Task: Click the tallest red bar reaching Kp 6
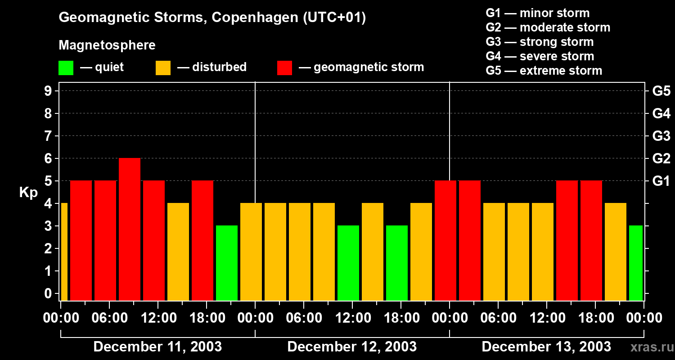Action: [x=130, y=229]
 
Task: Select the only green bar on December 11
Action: [x=227, y=263]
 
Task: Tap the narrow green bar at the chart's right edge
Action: [x=635, y=263]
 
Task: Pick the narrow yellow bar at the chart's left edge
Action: [x=64, y=252]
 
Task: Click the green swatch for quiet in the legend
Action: [x=66, y=68]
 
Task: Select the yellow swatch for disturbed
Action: [x=163, y=68]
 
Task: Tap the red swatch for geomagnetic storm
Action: [x=285, y=68]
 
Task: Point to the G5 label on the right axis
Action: [x=661, y=91]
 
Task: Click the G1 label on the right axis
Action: [x=661, y=181]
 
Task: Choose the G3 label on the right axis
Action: [x=661, y=136]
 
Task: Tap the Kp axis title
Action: [x=28, y=193]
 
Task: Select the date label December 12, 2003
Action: [x=352, y=347]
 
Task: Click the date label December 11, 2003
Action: [x=157, y=347]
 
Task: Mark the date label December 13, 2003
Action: [x=546, y=347]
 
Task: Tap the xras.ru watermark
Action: [x=650, y=347]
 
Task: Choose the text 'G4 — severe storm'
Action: [x=540, y=56]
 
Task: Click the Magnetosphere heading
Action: [x=107, y=45]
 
